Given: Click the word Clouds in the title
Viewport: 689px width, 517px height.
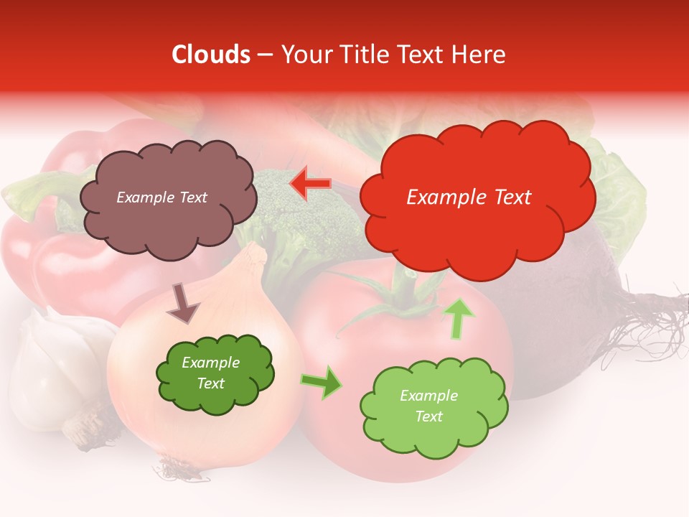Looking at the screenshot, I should coord(211,55).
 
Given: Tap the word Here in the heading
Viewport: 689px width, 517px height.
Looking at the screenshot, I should coord(477,55).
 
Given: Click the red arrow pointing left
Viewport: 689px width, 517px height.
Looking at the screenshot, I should coord(311,184).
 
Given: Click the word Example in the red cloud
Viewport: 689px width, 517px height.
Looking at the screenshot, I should coord(439,197).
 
